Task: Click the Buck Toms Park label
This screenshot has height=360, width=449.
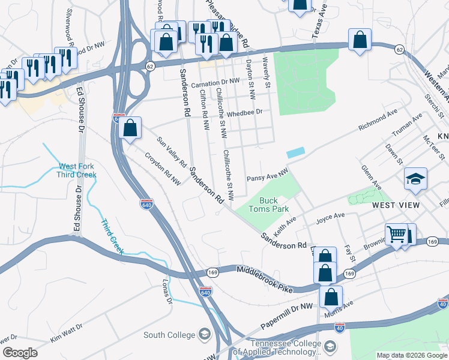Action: (x=274, y=205)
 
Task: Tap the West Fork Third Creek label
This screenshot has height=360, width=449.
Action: (x=77, y=171)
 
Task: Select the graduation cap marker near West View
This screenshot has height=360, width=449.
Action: (x=415, y=179)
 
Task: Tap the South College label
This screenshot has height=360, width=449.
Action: (x=169, y=335)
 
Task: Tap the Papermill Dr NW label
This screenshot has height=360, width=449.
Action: (x=287, y=317)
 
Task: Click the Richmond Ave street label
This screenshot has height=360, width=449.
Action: (x=378, y=120)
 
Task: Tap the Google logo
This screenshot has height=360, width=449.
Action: (x=20, y=353)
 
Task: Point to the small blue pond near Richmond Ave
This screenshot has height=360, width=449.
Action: (x=295, y=153)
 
